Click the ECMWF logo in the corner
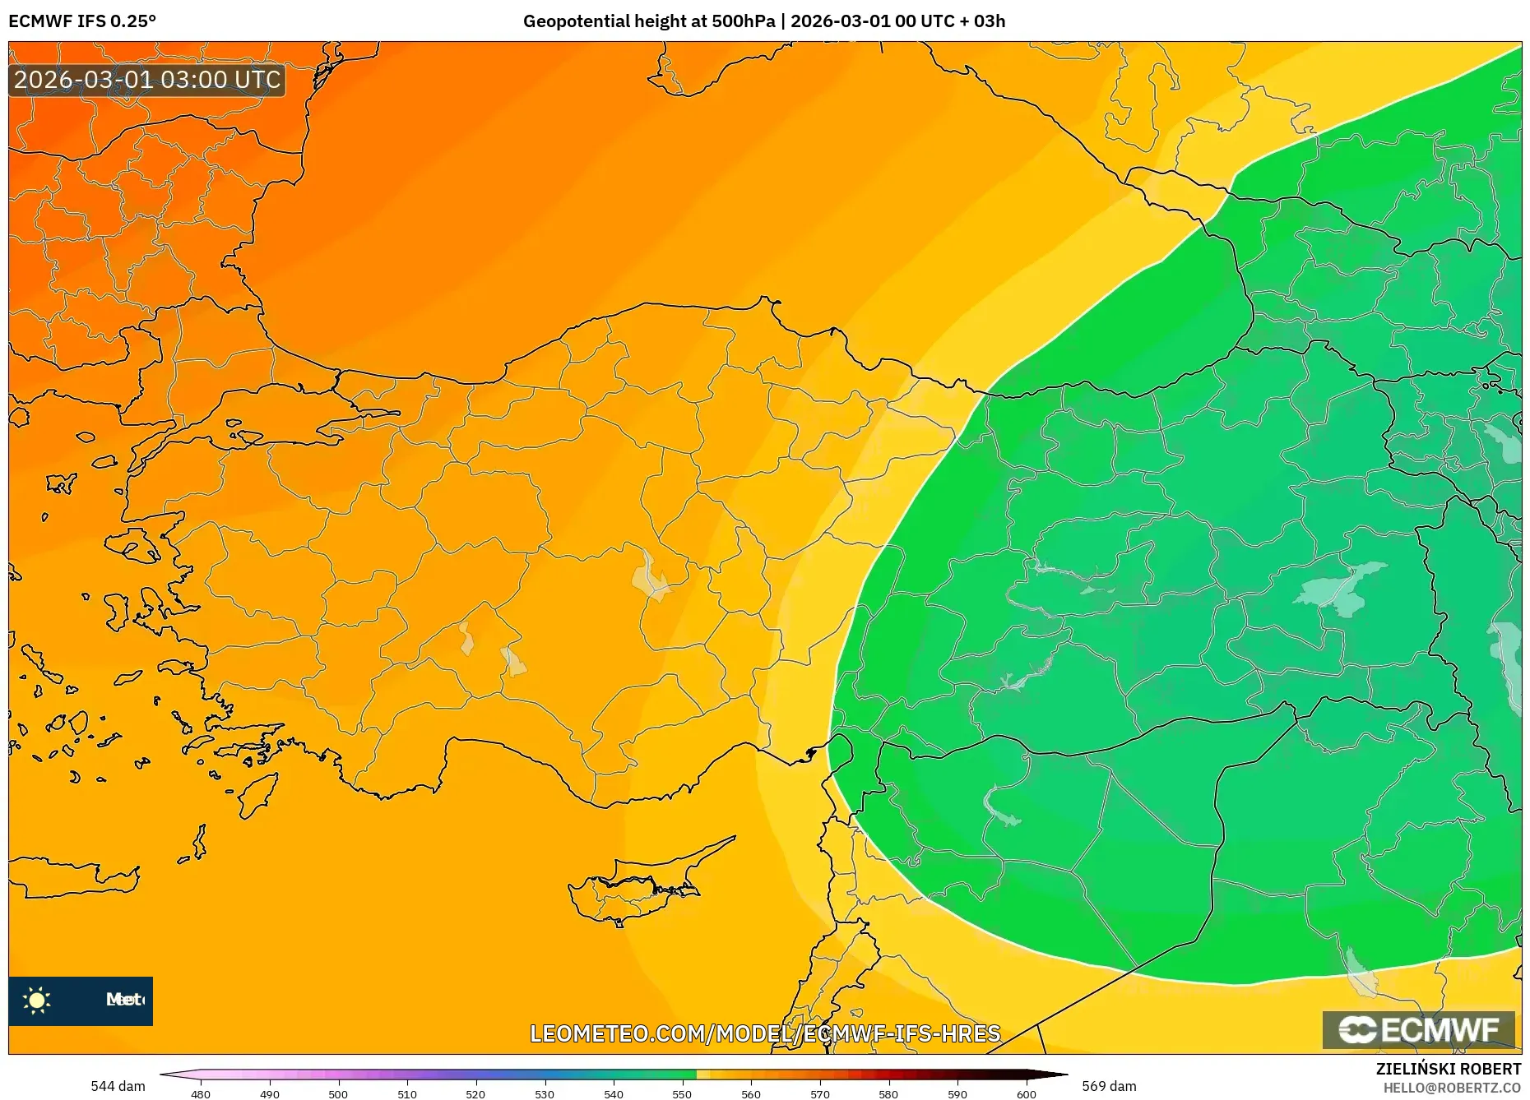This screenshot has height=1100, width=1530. (x=1418, y=1029)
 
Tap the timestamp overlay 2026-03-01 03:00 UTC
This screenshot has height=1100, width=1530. (x=147, y=80)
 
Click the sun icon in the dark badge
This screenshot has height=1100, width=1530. (x=37, y=1000)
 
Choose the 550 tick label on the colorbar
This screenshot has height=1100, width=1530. (x=682, y=1093)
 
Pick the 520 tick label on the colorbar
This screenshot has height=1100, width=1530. (x=475, y=1093)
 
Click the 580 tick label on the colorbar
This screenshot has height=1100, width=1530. (x=888, y=1093)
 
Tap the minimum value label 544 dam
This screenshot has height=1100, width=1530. (x=118, y=1086)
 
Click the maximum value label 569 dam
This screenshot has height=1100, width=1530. (x=1109, y=1086)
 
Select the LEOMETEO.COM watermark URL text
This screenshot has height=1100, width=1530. (x=765, y=1033)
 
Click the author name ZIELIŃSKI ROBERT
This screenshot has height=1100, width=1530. (x=1448, y=1069)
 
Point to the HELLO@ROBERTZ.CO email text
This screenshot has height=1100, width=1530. (x=1452, y=1088)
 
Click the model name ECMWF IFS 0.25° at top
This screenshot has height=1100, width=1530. (x=82, y=21)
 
